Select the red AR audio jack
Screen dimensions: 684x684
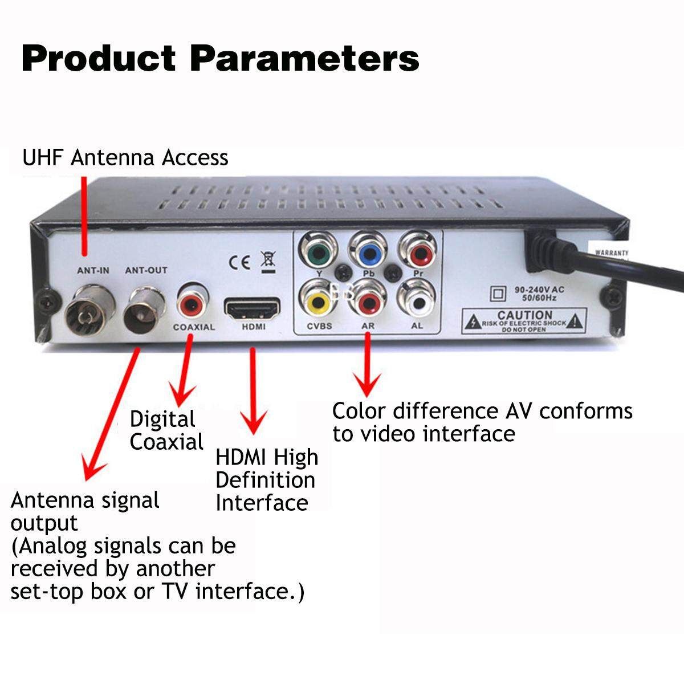pyautogui.click(x=367, y=300)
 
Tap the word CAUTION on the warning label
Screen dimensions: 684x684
pyautogui.click(x=524, y=315)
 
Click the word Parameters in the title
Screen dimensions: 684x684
pyautogui.click(x=304, y=59)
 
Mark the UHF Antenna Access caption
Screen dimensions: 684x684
pyautogui.click(x=125, y=157)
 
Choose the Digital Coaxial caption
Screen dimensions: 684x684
pyautogui.click(x=166, y=430)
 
